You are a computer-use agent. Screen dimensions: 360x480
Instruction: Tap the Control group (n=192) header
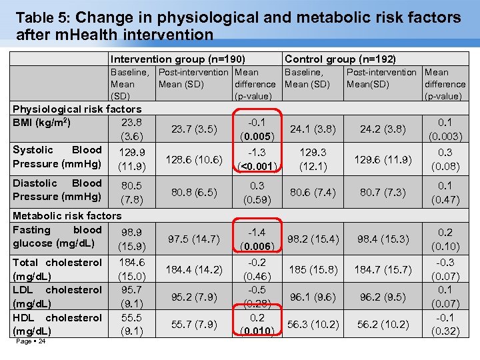(x=340, y=59)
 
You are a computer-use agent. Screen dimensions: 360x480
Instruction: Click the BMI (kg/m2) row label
(x=41, y=122)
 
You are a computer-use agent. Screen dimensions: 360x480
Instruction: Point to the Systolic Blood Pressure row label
(x=57, y=157)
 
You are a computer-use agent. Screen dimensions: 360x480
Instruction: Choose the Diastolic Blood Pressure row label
(x=57, y=189)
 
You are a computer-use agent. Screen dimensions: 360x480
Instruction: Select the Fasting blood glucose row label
(x=57, y=236)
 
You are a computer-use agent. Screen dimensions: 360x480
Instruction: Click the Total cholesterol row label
(x=57, y=269)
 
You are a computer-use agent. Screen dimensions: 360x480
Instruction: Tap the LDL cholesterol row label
(x=57, y=297)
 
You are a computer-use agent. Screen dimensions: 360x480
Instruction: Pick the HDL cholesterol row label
(x=57, y=324)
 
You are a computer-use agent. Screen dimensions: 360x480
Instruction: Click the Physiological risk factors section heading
(x=77, y=109)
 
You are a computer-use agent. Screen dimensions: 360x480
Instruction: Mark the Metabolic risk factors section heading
(x=67, y=215)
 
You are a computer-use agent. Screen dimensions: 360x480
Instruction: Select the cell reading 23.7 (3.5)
(x=195, y=129)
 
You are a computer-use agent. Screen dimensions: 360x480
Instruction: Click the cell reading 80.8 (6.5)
(x=195, y=193)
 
